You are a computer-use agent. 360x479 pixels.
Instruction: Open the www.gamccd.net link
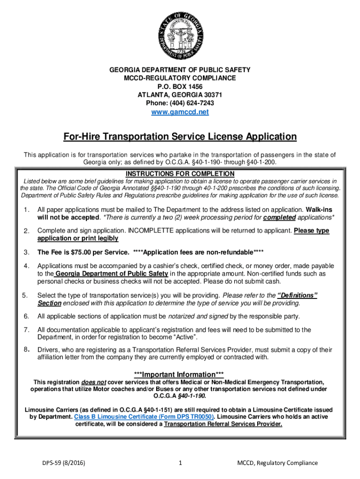180,112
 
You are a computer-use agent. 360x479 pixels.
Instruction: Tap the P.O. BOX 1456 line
180,87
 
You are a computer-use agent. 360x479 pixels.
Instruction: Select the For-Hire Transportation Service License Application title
180,137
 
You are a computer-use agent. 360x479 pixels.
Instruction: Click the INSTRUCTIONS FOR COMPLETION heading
180,174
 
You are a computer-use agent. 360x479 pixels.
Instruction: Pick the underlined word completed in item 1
279,218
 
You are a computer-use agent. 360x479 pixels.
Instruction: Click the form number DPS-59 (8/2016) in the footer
64,463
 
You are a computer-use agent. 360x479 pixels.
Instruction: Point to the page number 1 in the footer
180,463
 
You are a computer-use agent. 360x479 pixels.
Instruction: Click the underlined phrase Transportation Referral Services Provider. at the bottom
223,424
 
